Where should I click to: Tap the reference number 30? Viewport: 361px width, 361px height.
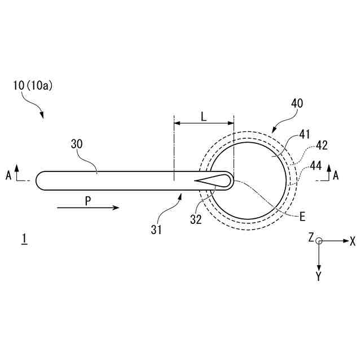(x=77, y=144)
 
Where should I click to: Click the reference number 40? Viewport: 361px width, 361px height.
(x=297, y=103)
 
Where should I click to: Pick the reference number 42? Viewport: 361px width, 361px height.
(x=322, y=145)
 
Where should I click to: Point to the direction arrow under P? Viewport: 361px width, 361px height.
(x=88, y=208)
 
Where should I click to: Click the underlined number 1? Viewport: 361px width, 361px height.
(x=24, y=240)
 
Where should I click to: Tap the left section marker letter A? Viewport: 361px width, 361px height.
(x=8, y=175)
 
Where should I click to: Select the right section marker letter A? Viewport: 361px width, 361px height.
(x=336, y=175)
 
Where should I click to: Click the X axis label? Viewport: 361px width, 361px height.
(x=353, y=241)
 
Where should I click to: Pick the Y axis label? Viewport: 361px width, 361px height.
(x=319, y=276)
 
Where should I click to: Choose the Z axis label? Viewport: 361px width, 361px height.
(x=310, y=239)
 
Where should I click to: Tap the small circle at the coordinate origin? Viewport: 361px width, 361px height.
(x=319, y=241)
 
